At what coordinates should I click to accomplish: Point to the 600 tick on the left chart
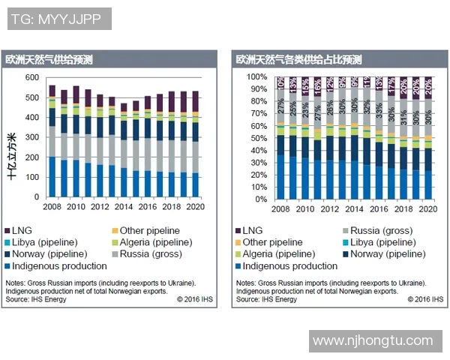[x=31, y=77]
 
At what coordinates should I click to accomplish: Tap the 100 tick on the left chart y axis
[x=31, y=177]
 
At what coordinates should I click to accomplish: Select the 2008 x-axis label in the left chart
[x=52, y=205]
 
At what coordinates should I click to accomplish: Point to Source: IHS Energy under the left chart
[x=35, y=299]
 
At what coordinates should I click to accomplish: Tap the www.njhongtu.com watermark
[x=372, y=340]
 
